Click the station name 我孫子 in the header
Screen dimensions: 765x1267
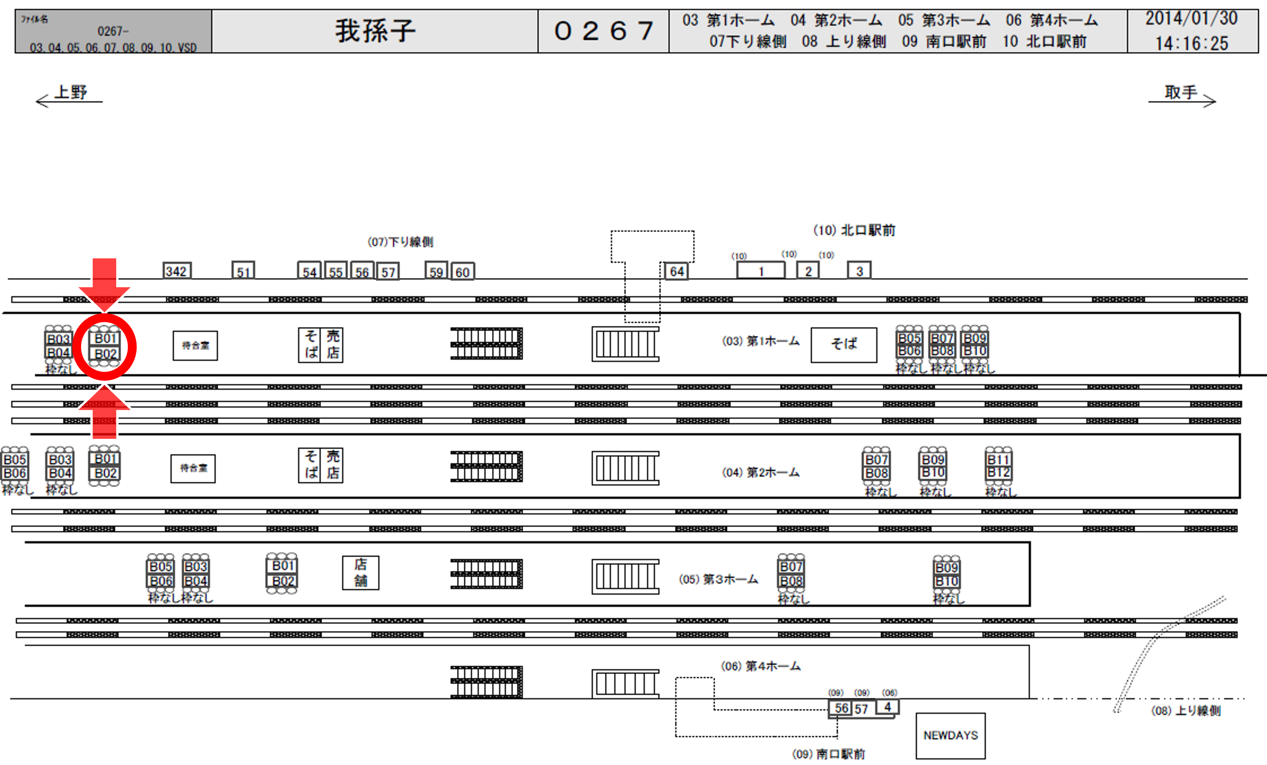[x=375, y=31]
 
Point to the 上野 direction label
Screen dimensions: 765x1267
[x=71, y=93]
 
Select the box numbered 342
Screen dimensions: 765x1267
[x=177, y=271]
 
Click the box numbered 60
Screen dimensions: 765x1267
[x=462, y=272]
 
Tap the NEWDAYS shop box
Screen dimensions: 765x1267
[x=950, y=735]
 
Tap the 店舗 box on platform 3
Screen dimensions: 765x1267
[x=361, y=573]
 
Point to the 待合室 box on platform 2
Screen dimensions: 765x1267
[x=193, y=468]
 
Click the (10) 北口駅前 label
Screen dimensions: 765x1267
[x=854, y=230]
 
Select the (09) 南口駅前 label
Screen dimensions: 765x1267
[x=829, y=754]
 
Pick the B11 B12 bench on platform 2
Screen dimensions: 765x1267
[x=998, y=466]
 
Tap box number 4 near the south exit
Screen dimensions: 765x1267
[x=887, y=707]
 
